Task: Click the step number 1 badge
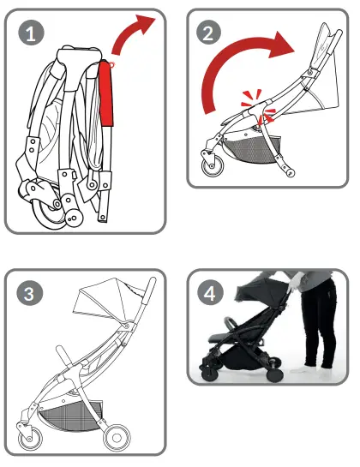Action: point(32,34)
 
